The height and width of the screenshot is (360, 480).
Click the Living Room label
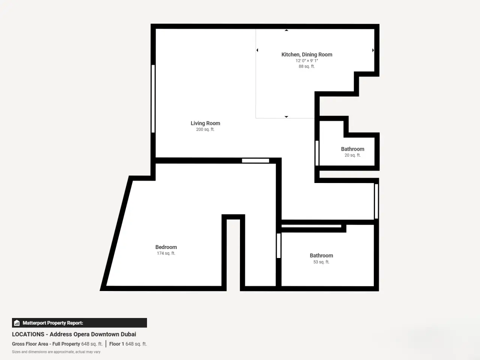[205, 123]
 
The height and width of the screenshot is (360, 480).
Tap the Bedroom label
[166, 247]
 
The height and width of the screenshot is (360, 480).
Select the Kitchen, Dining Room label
[307, 55]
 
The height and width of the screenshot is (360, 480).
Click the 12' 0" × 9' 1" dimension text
[307, 61]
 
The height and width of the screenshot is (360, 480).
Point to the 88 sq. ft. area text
[307, 66]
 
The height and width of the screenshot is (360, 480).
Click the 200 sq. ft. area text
[205, 129]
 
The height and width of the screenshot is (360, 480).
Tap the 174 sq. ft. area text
[166, 253]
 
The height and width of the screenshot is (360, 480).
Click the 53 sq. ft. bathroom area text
[321, 262]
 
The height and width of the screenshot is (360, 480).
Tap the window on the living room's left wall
[153, 99]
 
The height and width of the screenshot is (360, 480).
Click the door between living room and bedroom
[255, 160]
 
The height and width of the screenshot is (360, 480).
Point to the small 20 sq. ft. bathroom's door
[317, 153]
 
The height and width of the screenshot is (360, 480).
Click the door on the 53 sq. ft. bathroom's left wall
[279, 246]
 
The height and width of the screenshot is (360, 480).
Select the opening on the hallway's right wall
[376, 201]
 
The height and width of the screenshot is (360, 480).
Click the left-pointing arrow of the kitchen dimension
[257, 50]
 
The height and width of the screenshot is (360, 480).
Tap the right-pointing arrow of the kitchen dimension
[373, 50]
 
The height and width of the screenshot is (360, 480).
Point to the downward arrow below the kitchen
[286, 117]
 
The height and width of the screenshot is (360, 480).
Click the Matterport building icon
[17, 323]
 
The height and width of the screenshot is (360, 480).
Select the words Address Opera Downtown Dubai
[93, 334]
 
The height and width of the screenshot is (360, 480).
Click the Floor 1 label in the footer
[117, 344]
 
